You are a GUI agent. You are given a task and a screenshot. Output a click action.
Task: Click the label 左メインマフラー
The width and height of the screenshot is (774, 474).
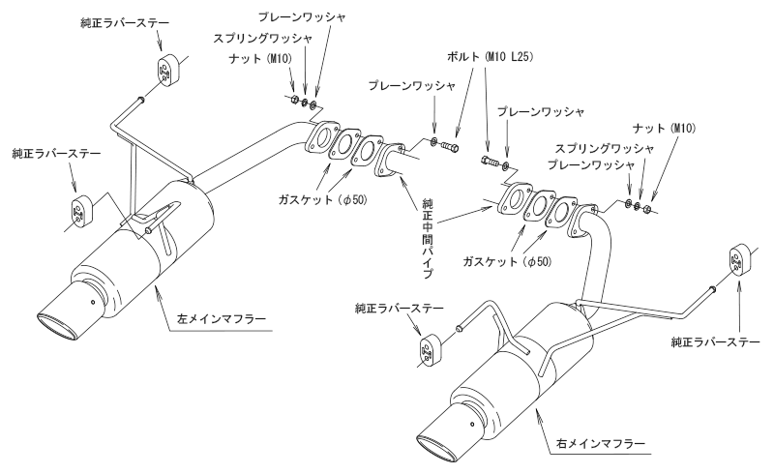point(222,319)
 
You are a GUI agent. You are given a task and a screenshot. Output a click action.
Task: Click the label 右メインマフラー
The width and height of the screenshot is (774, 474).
point(601,443)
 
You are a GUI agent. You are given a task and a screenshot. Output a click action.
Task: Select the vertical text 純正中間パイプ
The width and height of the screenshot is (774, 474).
point(428,239)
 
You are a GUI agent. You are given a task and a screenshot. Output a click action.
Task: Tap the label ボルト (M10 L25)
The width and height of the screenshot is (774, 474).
point(490,57)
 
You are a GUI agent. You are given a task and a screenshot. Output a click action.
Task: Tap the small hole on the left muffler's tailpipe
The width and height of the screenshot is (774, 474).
point(92,302)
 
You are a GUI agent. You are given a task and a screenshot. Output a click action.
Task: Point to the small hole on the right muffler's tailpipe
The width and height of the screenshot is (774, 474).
point(472,423)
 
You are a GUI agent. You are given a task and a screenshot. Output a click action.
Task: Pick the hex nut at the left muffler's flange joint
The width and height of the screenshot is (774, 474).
point(293,100)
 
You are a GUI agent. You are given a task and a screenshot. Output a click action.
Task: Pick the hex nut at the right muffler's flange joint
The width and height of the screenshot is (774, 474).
point(647,210)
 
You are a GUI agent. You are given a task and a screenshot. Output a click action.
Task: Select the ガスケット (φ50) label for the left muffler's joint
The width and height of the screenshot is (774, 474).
point(322,199)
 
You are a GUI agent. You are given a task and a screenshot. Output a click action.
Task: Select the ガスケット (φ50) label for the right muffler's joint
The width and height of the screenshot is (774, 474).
point(507,261)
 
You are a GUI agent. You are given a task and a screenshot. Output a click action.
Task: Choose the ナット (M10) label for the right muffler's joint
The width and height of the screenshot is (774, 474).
point(664,129)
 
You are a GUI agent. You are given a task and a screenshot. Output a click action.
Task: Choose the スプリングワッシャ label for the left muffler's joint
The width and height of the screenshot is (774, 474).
point(263,38)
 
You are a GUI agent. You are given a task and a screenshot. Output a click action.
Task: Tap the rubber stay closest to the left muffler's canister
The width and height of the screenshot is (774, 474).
point(80,211)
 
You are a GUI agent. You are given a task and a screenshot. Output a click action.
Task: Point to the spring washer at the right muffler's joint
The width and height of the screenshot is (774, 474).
point(638,205)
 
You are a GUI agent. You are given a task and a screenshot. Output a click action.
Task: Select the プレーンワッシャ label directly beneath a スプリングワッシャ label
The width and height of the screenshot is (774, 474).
point(590,164)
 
